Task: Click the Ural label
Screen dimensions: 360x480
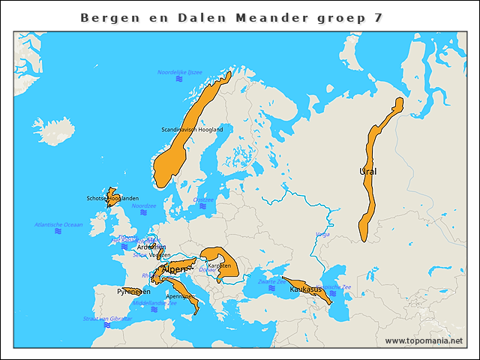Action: coord(367,172)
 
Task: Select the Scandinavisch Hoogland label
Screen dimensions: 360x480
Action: coord(192,130)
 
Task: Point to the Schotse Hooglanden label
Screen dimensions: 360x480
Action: coord(112,198)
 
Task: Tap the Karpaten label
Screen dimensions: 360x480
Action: coord(218,265)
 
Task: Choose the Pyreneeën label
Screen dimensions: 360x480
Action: coord(133,291)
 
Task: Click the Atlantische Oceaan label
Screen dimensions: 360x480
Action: coord(58,224)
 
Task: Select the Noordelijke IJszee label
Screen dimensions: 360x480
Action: coord(180,72)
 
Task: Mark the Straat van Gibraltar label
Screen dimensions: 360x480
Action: coord(107,319)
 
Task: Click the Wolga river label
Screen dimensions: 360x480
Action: coord(322,234)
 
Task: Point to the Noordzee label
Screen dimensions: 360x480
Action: coord(143,205)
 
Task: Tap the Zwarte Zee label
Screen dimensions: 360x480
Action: coord(271,282)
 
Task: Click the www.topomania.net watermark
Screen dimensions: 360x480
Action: coord(424,340)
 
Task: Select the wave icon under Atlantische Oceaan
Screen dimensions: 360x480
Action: coord(58,232)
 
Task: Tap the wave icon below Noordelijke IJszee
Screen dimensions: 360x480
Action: coord(180,79)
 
